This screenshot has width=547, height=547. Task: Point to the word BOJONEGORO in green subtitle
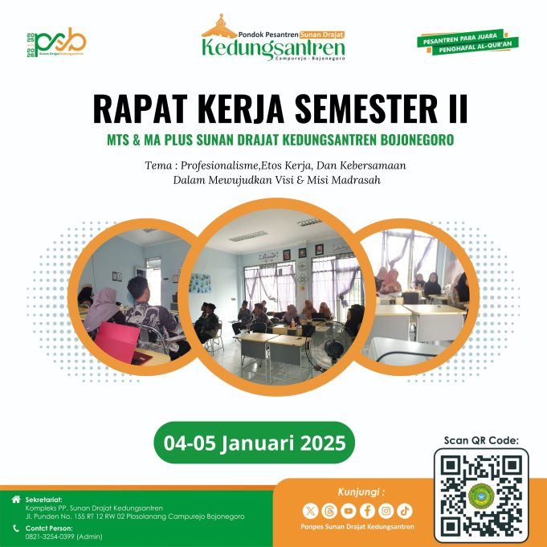[410, 140]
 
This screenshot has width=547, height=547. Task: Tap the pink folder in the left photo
[143, 356]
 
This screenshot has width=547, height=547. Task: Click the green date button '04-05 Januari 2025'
[254, 443]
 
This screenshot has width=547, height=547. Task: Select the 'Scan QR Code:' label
[481, 439]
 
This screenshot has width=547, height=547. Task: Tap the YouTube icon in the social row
[348, 510]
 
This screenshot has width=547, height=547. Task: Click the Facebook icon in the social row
[367, 510]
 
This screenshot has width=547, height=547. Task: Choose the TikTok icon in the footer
[406, 510]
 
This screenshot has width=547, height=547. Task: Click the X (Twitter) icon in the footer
[309, 510]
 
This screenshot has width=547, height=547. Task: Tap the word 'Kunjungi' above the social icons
[357, 490]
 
